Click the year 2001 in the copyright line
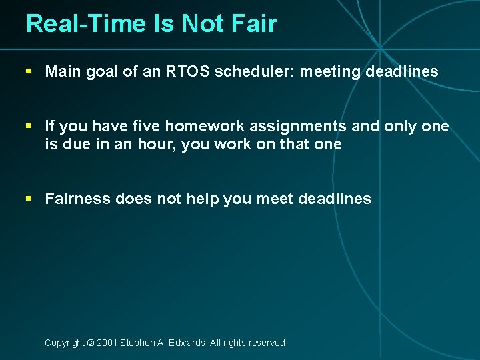click(x=107, y=343)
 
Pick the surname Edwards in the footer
click(x=188, y=343)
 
